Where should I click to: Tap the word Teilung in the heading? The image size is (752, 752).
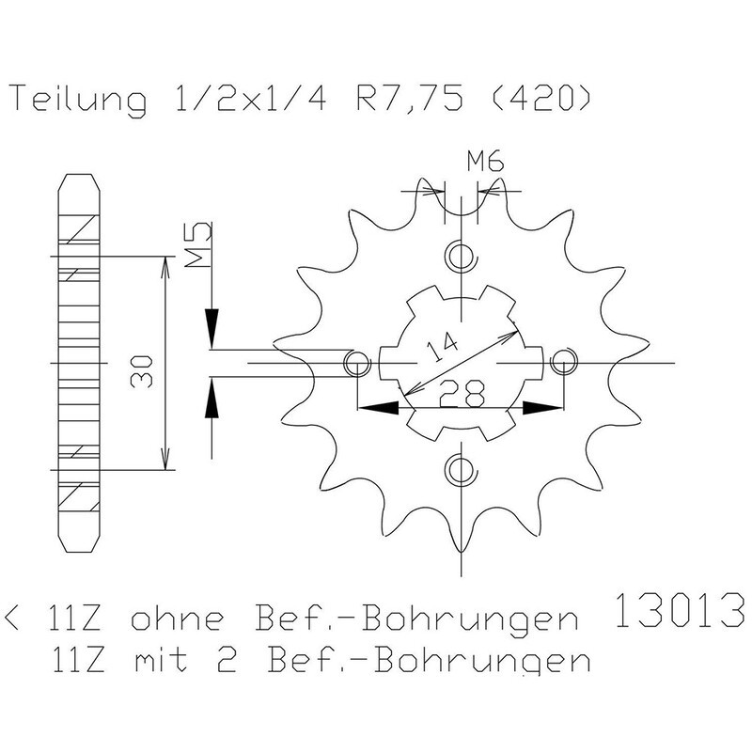point(79,100)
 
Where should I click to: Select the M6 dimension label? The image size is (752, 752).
point(486,161)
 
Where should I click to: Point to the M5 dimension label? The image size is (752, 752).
point(198,244)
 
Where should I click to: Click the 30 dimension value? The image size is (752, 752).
point(142,370)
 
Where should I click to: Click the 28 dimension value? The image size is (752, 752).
point(462,393)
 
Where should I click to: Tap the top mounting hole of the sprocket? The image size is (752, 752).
point(461,256)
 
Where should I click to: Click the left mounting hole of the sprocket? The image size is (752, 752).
point(357,363)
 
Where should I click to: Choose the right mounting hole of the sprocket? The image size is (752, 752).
point(563,363)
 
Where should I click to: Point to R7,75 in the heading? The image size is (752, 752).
point(410,99)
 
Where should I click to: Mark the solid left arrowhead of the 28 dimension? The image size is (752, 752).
point(379,408)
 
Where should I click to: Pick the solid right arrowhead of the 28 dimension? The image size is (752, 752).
point(542,408)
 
